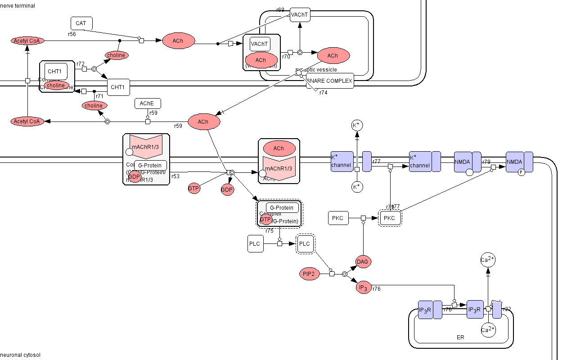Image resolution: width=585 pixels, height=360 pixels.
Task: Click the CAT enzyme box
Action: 81,23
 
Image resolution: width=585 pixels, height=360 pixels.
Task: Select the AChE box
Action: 148,103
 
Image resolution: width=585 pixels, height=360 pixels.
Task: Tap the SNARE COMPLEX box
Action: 330,81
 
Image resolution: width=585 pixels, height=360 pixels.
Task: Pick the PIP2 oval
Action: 309,274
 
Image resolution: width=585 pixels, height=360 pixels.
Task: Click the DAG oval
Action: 363,261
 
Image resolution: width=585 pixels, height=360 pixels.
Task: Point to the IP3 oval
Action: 363,288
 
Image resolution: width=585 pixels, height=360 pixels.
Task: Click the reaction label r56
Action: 72,34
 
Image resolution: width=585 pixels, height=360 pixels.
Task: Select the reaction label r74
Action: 324,93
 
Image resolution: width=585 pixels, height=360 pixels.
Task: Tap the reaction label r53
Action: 175,176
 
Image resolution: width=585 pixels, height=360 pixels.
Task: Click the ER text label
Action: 460,337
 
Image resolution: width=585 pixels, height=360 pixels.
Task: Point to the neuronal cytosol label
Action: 20,355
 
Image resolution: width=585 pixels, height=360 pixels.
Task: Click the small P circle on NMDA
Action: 522,172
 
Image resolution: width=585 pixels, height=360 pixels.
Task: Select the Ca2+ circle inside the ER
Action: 488,330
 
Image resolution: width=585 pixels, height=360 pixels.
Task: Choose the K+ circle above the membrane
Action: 357,125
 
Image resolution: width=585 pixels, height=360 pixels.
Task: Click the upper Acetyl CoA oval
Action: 28,41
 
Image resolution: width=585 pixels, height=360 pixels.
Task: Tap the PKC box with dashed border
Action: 390,218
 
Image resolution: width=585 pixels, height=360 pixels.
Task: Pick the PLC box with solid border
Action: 255,243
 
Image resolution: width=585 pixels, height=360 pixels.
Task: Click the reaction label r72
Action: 81,64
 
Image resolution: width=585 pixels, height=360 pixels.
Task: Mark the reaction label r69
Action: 280,10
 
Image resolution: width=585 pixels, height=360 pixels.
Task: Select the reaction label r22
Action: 507,309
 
